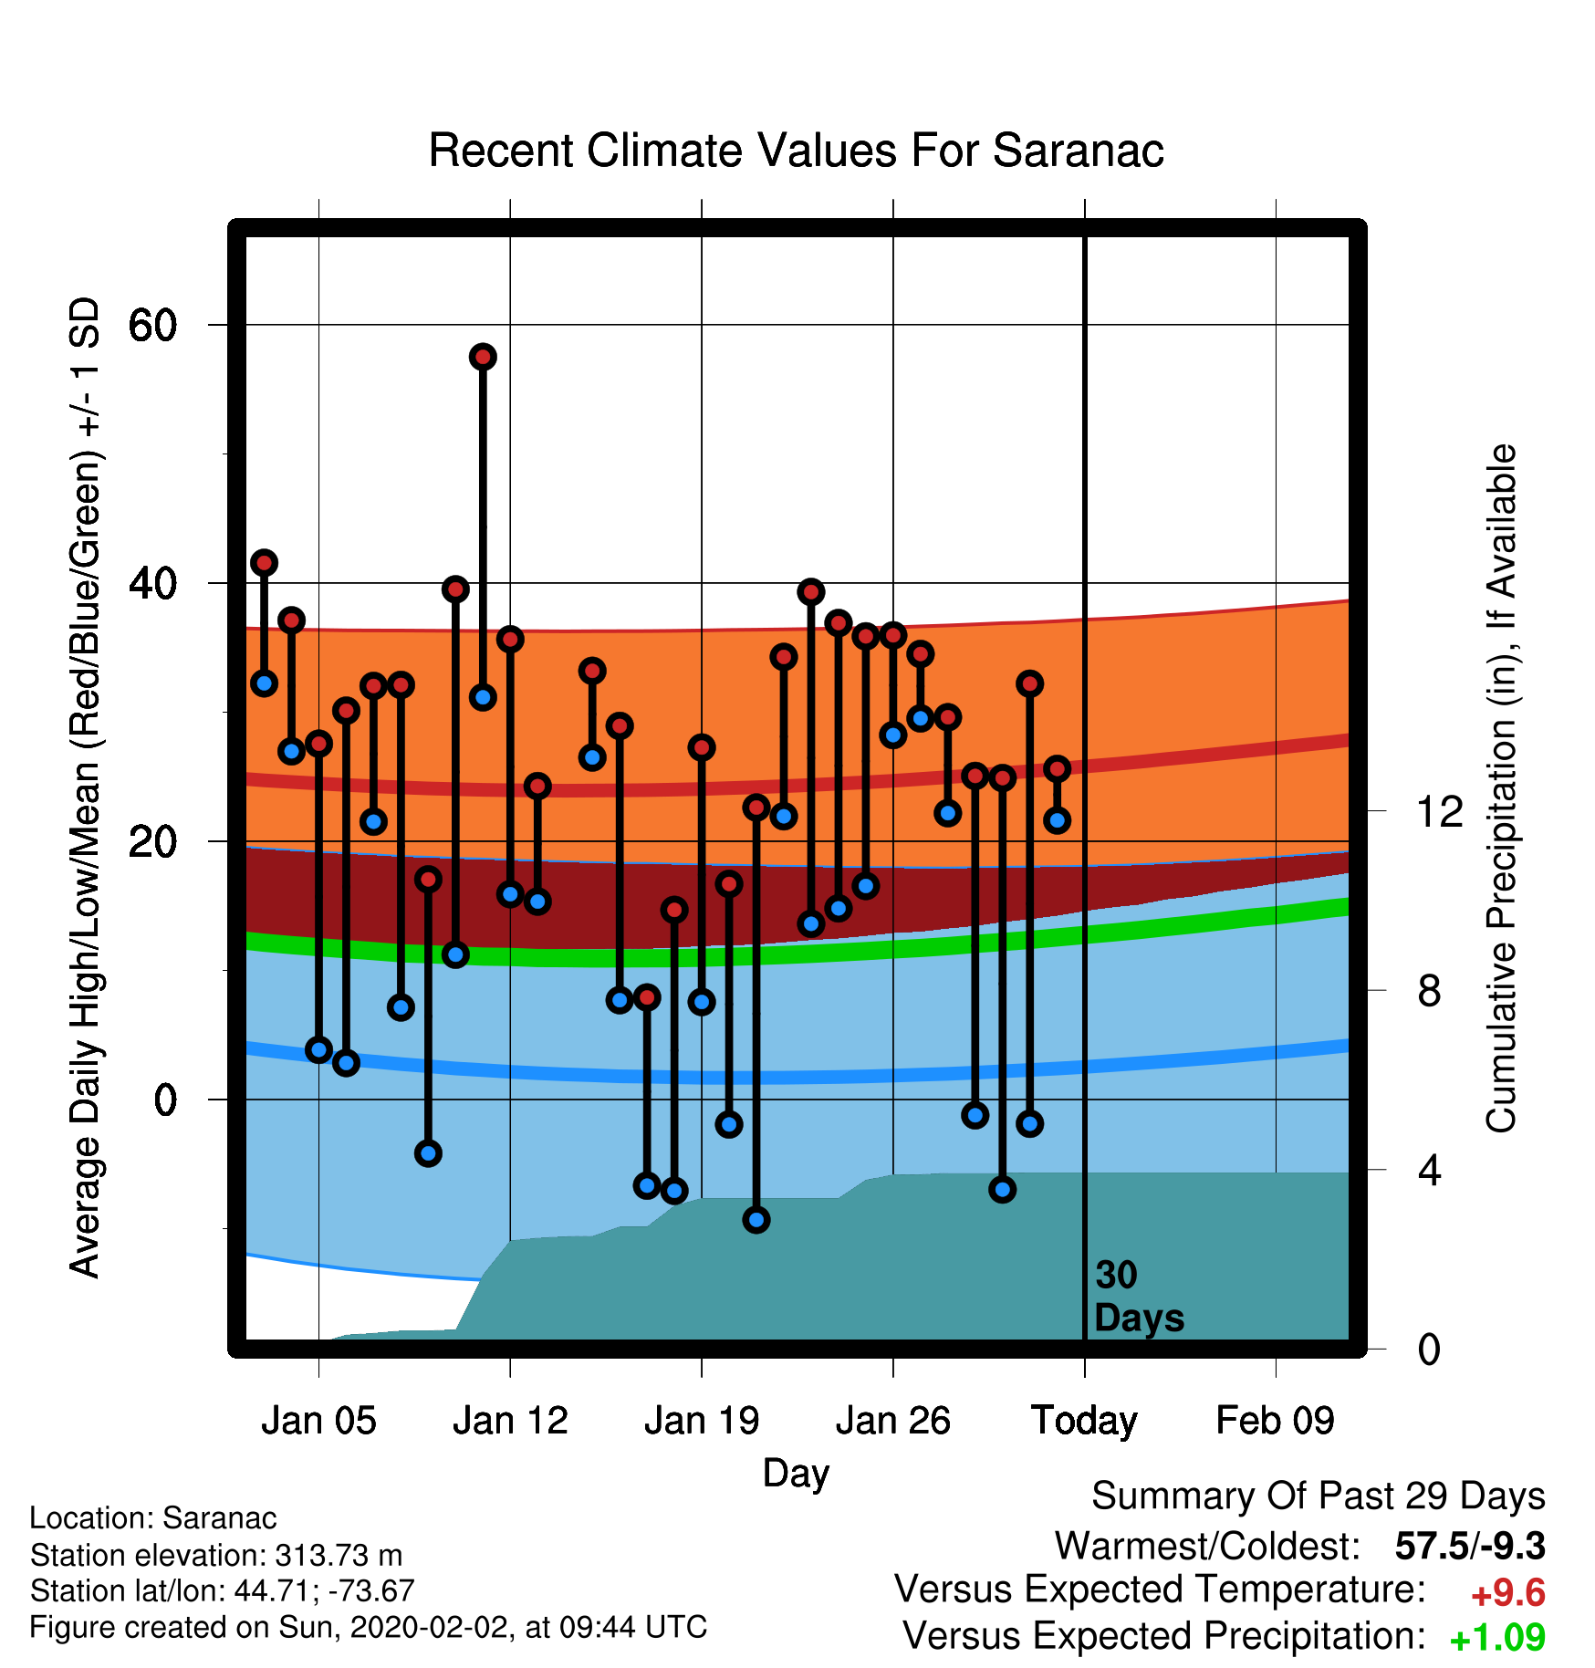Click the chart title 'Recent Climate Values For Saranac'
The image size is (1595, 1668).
[x=796, y=151]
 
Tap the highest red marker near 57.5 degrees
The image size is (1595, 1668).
[x=483, y=357]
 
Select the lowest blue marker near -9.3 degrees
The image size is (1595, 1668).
[x=756, y=1220]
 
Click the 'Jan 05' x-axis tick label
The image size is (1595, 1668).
[x=318, y=1421]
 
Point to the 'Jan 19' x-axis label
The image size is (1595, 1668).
[x=702, y=1421]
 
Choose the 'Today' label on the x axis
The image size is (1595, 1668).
[x=1084, y=1422]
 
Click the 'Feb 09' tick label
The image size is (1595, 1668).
[x=1276, y=1421]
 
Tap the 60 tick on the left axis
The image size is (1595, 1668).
[x=153, y=325]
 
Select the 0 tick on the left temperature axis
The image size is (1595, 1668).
[x=165, y=1100]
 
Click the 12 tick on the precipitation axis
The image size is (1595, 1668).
[x=1439, y=810]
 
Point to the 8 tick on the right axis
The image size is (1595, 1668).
[x=1429, y=990]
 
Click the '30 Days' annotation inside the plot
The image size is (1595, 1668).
[x=1139, y=1297]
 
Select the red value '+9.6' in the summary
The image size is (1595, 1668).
[x=1508, y=1593]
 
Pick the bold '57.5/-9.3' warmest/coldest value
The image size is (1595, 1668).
[x=1470, y=1546]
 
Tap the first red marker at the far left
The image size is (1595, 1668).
[x=264, y=563]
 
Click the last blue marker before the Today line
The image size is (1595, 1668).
[x=1057, y=820]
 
